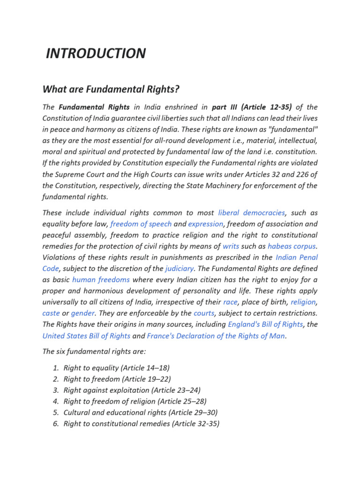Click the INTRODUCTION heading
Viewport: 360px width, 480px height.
[96, 53]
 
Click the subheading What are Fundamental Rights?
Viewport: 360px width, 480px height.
[111, 89]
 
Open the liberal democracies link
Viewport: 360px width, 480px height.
[251, 212]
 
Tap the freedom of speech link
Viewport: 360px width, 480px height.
[141, 224]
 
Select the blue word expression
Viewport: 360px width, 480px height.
[206, 224]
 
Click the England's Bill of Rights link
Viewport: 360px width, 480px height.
[265, 324]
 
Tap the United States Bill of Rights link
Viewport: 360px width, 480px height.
[86, 336]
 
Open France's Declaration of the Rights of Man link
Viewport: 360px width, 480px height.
[216, 336]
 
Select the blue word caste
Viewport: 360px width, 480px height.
[51, 313]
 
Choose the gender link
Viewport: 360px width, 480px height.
[82, 313]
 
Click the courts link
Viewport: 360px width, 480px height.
[204, 313]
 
